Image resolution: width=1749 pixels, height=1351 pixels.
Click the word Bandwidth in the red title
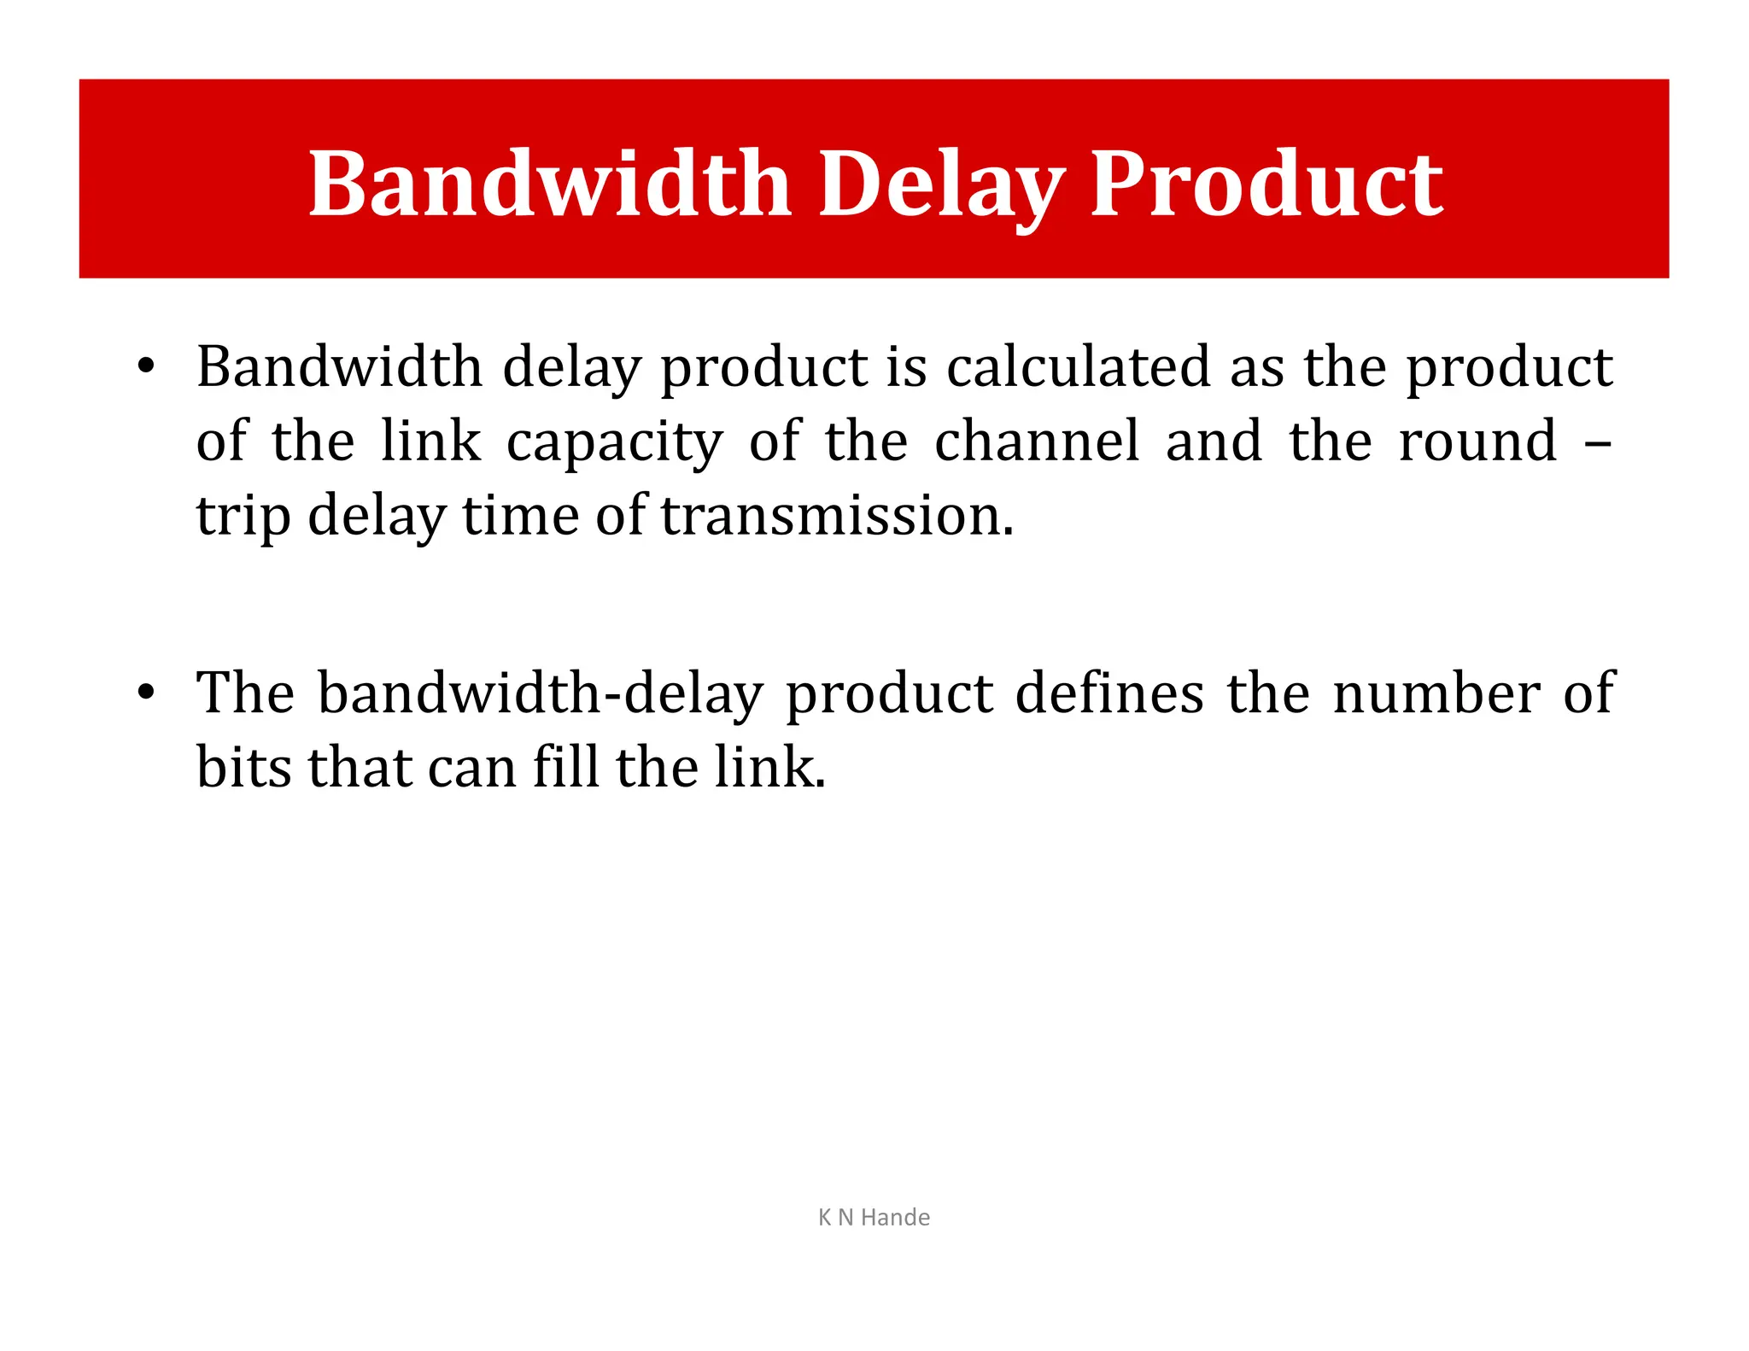click(x=549, y=184)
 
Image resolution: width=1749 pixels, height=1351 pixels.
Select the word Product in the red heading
click(x=1266, y=184)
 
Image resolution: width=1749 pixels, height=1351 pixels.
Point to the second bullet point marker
click(x=146, y=691)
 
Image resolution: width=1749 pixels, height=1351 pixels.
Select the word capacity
click(x=614, y=442)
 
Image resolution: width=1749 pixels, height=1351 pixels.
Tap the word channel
click(x=1037, y=441)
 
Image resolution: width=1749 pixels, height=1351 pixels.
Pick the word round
click(x=1477, y=441)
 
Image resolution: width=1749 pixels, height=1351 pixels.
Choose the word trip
click(x=243, y=517)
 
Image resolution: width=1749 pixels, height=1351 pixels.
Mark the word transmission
click(x=837, y=517)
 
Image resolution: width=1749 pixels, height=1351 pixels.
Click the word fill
click(x=565, y=766)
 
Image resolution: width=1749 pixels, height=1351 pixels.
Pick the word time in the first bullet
click(x=520, y=517)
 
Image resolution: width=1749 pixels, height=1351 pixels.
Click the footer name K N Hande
click(x=874, y=1217)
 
